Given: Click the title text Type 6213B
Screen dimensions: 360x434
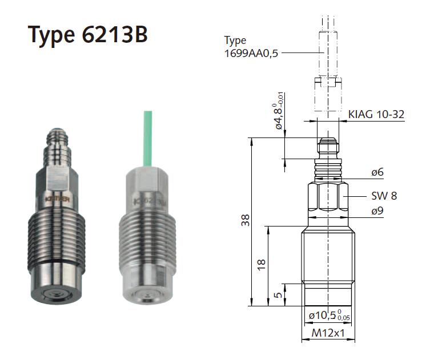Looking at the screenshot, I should [88, 35].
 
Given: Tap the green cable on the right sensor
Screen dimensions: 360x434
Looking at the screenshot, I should [144, 137].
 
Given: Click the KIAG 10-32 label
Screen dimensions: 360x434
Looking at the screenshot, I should [376, 115].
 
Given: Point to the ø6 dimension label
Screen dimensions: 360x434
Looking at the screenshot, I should [377, 172].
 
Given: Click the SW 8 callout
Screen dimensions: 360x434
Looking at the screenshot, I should [384, 196].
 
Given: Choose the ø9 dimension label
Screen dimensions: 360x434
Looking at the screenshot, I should [377, 211].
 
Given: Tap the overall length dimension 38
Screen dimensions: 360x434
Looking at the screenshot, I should [245, 221].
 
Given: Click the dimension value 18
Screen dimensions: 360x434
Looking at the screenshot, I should [262, 264].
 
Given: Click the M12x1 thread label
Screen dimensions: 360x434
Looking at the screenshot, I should [328, 333].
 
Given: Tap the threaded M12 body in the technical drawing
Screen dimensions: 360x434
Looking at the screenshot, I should [328, 254].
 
